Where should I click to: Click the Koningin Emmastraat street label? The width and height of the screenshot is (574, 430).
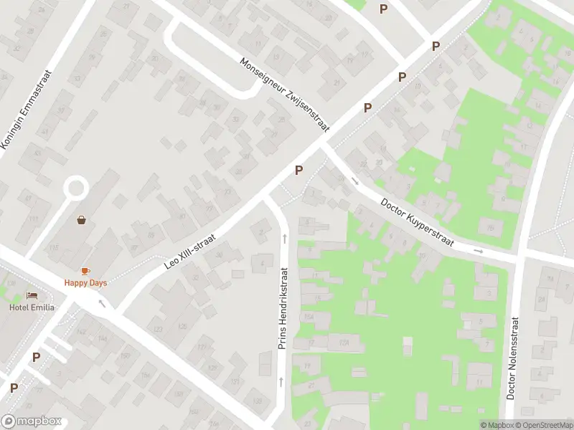tap(28, 110)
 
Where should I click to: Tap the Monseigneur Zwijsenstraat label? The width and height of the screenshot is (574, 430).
tap(284, 94)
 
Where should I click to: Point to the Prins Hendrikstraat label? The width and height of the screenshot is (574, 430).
tap(283, 309)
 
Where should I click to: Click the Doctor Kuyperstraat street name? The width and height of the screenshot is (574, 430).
tap(418, 222)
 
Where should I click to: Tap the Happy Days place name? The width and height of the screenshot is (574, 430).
tap(85, 283)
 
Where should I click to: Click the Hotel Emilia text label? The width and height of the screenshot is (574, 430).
tap(32, 307)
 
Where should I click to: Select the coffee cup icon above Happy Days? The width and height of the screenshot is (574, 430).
tap(85, 270)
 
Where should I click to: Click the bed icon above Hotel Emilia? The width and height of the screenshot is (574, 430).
tap(32, 295)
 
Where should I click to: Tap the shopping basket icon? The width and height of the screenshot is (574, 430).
tap(82, 220)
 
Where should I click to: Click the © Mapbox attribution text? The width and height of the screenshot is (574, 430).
tap(497, 425)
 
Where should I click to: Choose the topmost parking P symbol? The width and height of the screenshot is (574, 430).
tap(383, 9)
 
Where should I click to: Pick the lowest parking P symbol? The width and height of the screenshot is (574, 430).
tap(14, 388)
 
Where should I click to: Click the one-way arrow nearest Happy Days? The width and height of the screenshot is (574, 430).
tap(101, 303)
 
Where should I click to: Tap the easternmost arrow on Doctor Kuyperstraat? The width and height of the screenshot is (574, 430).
tap(478, 251)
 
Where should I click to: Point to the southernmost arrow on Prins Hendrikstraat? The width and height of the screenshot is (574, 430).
tap(281, 382)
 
